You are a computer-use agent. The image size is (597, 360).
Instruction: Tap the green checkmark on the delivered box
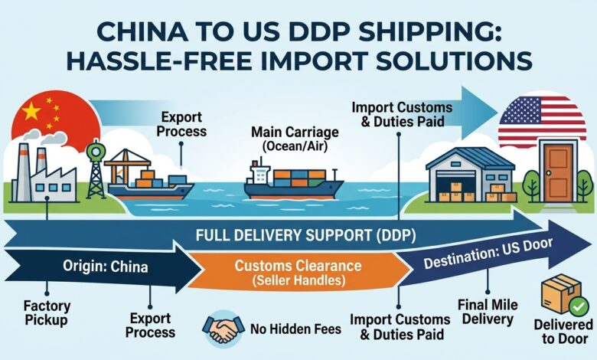pos(579,306)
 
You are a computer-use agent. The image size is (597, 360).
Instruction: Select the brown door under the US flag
pos(558,172)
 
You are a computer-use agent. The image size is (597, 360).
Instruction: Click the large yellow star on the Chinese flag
pos(31,111)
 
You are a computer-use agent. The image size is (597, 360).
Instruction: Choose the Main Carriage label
pos(295,139)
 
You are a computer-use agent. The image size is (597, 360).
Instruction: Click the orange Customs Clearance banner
pos(298,272)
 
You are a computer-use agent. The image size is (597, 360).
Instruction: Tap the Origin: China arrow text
pos(106,267)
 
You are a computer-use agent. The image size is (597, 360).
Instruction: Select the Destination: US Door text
pos(488,254)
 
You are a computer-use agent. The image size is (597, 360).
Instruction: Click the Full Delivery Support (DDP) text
pos(305,235)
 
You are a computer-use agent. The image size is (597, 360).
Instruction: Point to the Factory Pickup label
pos(47,313)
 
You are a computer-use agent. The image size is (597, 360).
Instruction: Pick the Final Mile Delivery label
pos(488,312)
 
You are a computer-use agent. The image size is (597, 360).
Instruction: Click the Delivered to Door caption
pos(563,332)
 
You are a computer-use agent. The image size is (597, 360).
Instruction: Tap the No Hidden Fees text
pos(296,329)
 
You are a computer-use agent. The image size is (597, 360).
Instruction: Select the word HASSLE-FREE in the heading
pos(159,61)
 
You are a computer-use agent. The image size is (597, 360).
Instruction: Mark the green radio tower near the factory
pos(96,169)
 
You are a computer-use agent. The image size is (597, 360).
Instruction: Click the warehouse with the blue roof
pos(471,175)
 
